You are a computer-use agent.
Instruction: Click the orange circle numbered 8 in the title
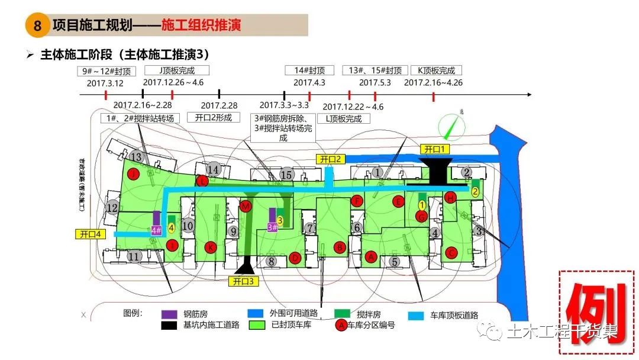[38, 26]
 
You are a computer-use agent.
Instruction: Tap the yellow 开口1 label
[435, 148]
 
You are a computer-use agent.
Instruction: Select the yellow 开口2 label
[330, 159]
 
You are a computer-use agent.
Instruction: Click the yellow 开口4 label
[89, 234]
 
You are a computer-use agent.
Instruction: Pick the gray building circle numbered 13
[137, 157]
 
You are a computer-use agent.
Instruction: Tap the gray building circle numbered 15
[287, 175]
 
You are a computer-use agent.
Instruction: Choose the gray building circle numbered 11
[134, 256]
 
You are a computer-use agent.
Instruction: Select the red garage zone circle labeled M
[246, 205]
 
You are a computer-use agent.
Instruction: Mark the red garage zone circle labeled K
[209, 246]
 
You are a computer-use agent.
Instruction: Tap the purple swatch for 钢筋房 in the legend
[170, 314]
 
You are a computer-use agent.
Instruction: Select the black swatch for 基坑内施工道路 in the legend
[170, 325]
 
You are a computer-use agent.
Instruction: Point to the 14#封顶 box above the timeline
[309, 70]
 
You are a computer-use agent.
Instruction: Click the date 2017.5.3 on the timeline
[375, 82]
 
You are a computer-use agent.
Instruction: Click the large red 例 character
[596, 313]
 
